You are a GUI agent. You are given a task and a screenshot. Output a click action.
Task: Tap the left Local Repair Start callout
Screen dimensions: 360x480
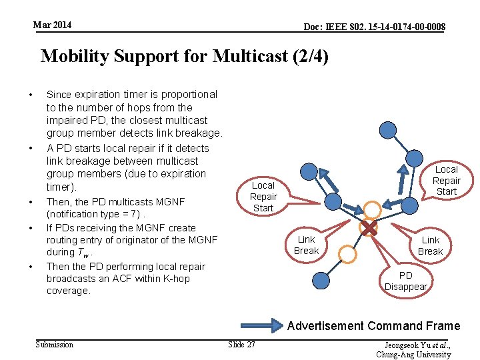coord(263,197)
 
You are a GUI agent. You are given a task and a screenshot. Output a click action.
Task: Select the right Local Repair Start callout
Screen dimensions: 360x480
coord(446,180)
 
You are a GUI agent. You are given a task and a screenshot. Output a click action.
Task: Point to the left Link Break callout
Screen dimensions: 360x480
coord(307,245)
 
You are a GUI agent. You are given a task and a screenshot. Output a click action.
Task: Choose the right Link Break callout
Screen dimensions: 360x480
coord(430,245)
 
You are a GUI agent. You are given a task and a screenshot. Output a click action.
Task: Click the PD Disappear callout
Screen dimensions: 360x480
coord(405,281)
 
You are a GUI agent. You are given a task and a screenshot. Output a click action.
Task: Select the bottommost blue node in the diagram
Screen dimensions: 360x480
coord(321,281)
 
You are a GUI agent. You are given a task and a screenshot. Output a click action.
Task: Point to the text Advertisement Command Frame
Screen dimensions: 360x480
coord(373,326)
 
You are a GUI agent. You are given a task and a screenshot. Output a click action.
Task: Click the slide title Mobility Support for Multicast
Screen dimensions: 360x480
coord(185,56)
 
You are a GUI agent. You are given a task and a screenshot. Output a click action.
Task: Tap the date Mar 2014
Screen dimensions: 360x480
coord(53,25)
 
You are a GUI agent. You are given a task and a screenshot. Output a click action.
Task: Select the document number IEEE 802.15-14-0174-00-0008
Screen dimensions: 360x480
coord(375,27)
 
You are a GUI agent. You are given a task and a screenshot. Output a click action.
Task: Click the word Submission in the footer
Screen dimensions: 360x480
coord(54,345)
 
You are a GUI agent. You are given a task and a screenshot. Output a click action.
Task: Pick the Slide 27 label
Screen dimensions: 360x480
coord(241,345)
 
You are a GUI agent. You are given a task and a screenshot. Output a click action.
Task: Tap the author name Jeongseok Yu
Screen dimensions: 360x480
coord(406,345)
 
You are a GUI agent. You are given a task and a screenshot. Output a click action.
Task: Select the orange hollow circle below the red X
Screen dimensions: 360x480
coord(347,254)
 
